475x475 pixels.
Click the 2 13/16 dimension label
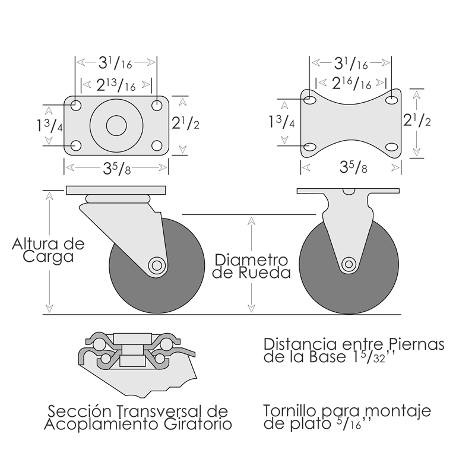pos(116,85)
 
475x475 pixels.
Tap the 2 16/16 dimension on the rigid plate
pos(351,83)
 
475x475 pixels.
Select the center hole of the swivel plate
pos(116,125)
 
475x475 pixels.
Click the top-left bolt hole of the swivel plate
pos(76,106)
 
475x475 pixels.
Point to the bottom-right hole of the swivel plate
pos(157,145)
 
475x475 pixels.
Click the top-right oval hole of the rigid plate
pos(392,100)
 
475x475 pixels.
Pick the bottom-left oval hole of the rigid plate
pos(309,147)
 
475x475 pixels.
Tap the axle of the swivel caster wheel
pos(157,265)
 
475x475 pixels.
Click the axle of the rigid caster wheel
pos(349,264)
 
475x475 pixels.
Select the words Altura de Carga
pos(48,250)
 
